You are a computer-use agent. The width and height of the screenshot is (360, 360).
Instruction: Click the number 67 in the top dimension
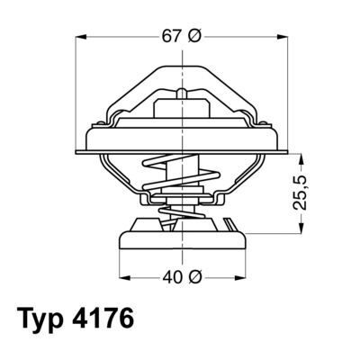(171, 37)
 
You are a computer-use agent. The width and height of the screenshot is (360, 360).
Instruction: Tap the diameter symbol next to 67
(196, 37)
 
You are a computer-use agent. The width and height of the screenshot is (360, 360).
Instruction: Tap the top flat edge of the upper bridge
(184, 67)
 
